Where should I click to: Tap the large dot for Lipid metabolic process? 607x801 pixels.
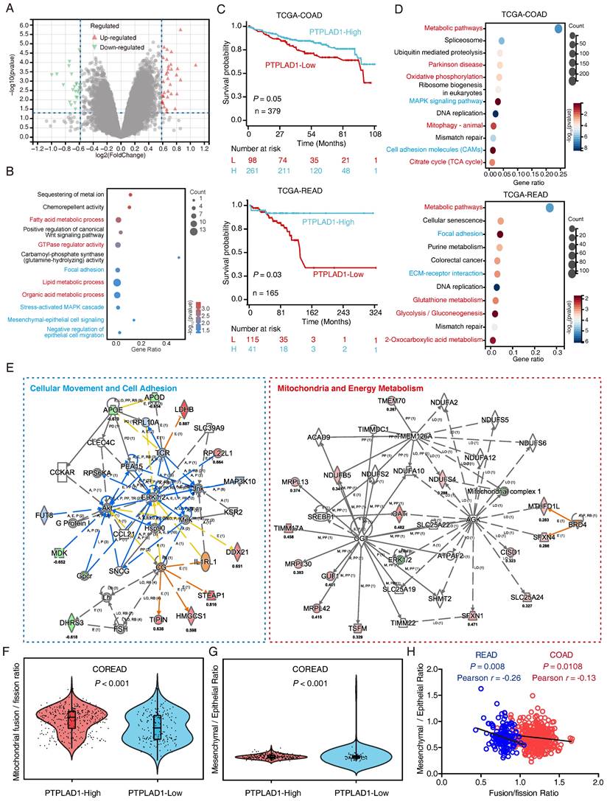(x=116, y=281)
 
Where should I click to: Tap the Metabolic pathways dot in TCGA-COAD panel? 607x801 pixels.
(x=558, y=29)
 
